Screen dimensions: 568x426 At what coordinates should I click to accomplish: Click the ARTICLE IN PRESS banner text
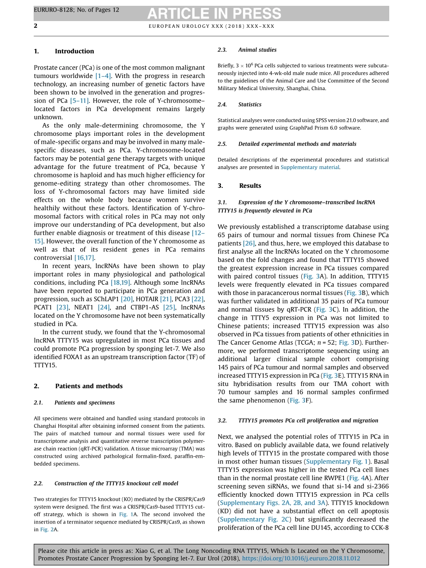click(x=214, y=14)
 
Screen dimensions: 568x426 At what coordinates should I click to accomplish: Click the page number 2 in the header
click(x=36, y=26)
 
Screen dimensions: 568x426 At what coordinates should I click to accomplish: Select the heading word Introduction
click(x=74, y=51)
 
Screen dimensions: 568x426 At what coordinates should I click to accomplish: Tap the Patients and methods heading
click(x=89, y=386)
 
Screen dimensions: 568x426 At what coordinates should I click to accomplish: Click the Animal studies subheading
click(x=257, y=50)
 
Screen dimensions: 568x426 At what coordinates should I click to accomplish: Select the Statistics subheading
click(x=250, y=104)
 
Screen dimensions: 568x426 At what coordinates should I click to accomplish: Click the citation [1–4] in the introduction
click(x=103, y=76)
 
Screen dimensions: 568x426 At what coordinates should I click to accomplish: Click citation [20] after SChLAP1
click(x=126, y=299)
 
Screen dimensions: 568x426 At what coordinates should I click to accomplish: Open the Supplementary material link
click(x=310, y=167)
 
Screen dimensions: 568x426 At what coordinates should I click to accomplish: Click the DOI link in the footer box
click(x=301, y=559)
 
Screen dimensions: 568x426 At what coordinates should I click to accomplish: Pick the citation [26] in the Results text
click(x=248, y=243)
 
